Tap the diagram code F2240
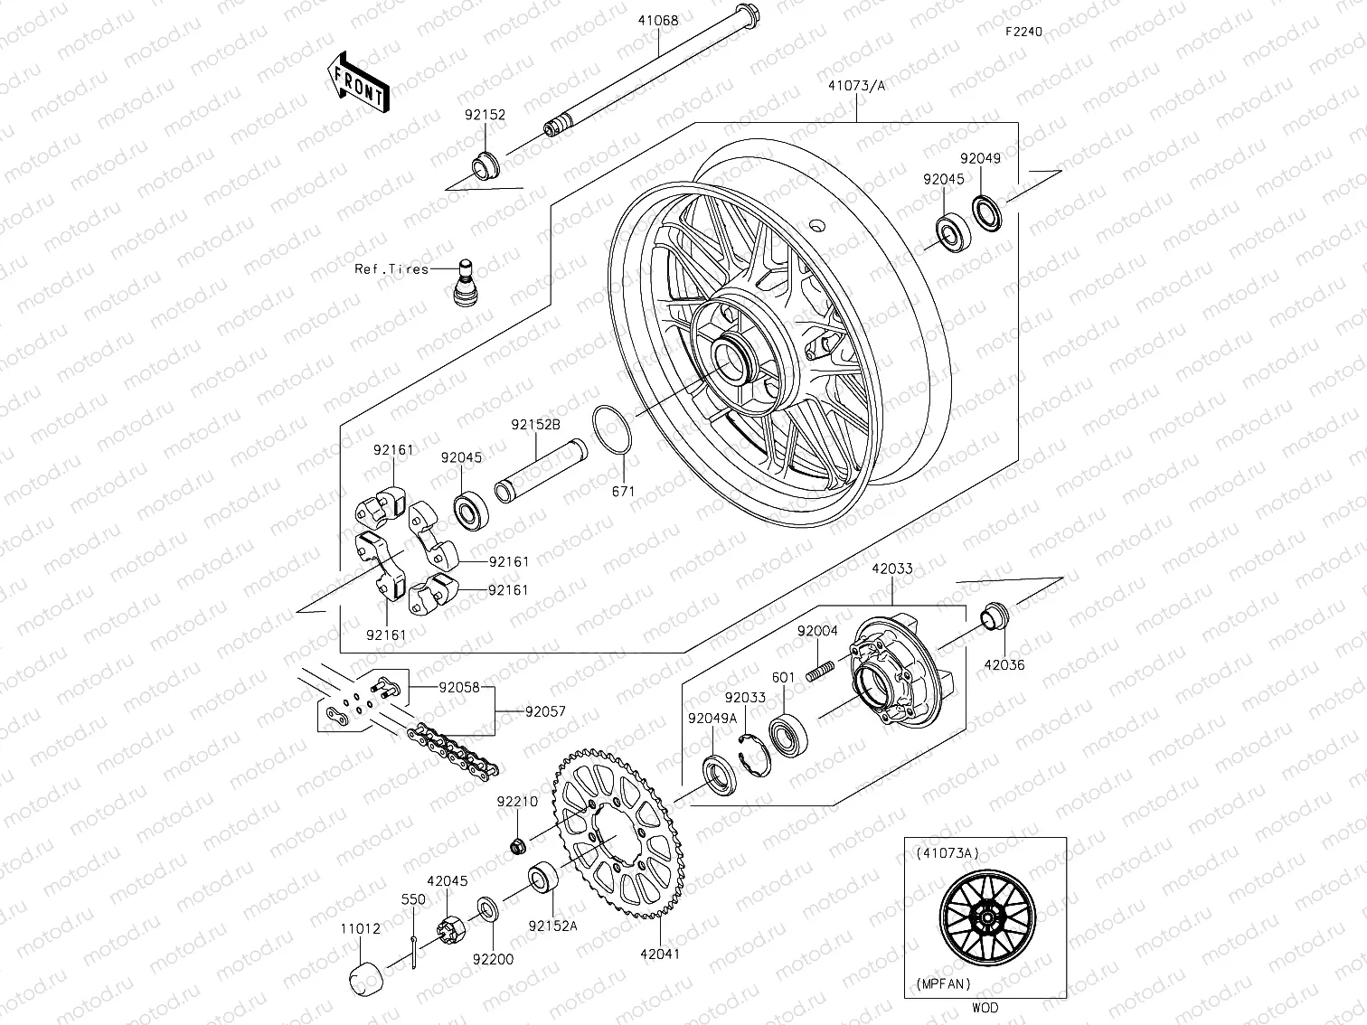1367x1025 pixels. click(1024, 31)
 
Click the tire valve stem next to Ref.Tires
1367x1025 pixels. click(465, 281)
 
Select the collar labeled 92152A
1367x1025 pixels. click(543, 879)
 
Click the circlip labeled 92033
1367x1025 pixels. click(752, 752)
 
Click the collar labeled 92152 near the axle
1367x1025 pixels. click(485, 166)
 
